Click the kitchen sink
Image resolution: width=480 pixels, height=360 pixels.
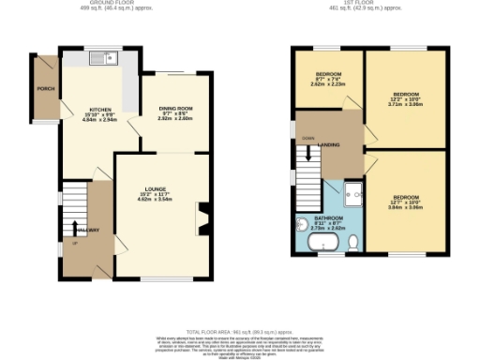(x=102, y=59)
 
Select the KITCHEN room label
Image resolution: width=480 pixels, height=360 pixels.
(x=101, y=110)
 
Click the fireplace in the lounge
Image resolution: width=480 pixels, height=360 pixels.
(x=203, y=222)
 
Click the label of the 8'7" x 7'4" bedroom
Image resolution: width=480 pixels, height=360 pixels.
(x=327, y=74)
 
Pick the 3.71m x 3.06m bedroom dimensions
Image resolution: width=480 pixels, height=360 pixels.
(x=406, y=107)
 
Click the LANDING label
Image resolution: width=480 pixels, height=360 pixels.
(x=329, y=144)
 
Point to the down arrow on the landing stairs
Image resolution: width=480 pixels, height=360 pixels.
(x=307, y=139)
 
